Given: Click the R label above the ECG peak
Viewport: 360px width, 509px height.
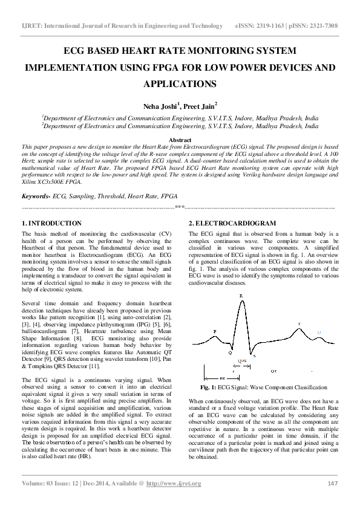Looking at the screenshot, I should [x=242, y=296].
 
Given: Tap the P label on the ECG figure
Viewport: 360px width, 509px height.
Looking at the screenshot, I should [x=215, y=331].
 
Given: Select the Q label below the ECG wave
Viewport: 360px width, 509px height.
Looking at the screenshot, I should [x=229, y=352].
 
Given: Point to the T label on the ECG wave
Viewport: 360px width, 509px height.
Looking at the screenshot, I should [x=298, y=325].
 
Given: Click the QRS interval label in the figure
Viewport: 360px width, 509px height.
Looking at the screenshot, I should [x=242, y=360].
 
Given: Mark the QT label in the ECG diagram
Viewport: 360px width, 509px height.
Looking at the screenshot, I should [x=273, y=370].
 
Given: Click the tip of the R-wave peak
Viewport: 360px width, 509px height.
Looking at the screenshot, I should [x=242, y=300].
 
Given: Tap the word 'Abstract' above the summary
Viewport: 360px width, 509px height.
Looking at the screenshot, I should [x=180, y=140].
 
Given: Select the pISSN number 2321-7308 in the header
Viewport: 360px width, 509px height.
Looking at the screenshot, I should [x=321, y=27].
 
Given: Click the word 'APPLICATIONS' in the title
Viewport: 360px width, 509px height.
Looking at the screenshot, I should [x=180, y=83].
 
